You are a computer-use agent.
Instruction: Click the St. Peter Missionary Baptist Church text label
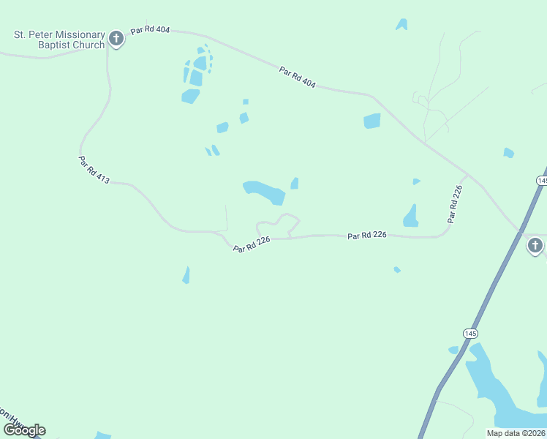(58, 39)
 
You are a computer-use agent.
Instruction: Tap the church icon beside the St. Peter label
(116, 39)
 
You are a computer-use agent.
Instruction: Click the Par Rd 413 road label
(94, 169)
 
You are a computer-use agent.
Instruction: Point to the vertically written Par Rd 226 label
(455, 204)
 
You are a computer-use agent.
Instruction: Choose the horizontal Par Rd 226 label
(366, 235)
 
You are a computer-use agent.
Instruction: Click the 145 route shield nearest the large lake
(470, 333)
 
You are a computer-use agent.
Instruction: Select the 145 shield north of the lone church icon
(542, 180)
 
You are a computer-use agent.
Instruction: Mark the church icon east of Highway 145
(535, 245)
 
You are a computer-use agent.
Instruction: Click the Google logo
(25, 429)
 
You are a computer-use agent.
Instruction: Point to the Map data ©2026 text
(516, 433)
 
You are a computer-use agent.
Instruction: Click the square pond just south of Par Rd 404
(372, 121)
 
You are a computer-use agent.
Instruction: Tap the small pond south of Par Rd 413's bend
(186, 275)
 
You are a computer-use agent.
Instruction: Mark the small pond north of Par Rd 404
(401, 25)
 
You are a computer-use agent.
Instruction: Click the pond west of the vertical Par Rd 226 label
(411, 216)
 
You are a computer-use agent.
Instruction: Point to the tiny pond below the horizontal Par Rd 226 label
(397, 270)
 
